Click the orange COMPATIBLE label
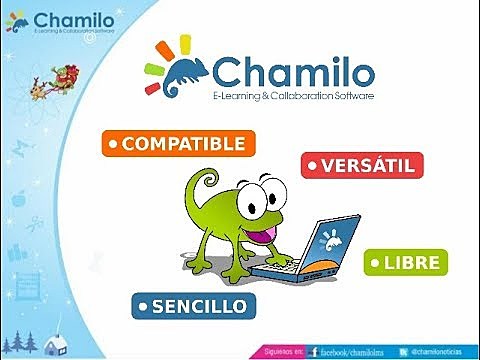tap(179, 144)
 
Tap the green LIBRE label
tap(405, 263)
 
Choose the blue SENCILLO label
tap(193, 304)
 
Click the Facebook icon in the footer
tap(314, 352)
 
